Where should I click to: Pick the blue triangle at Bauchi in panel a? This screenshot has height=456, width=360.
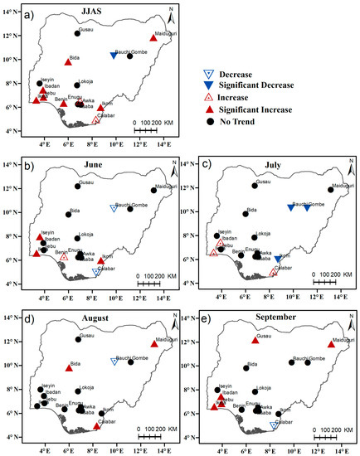(114, 56)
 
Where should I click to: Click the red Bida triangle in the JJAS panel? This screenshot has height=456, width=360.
(68, 62)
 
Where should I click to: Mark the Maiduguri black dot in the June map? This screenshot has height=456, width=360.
(153, 190)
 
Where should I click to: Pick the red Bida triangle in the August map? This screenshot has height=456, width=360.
(69, 368)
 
